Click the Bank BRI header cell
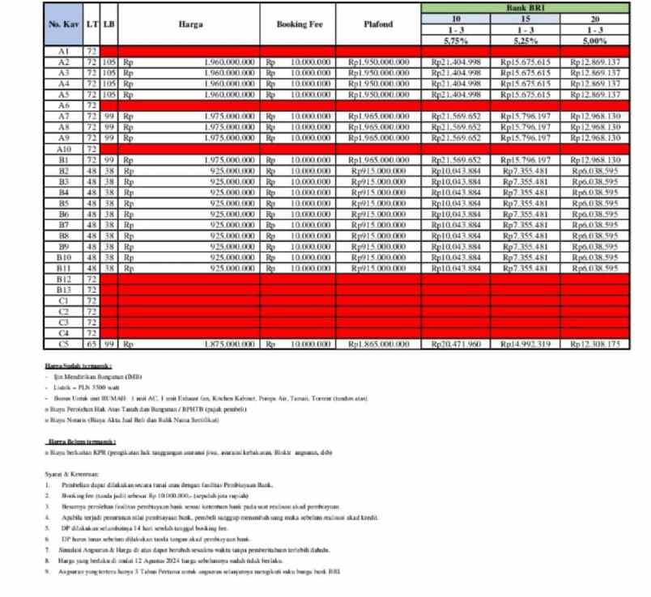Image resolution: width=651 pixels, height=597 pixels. click(x=525, y=7)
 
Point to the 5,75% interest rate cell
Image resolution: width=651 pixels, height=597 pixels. click(x=456, y=40)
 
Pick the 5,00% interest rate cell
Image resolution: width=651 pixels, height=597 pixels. click(x=595, y=40)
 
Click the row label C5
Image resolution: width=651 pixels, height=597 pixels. click(x=64, y=344)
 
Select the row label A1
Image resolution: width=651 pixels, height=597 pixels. click(x=64, y=50)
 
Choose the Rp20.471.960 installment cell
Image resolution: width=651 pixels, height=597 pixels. click(x=456, y=344)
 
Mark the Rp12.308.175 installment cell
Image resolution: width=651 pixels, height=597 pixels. click(x=595, y=344)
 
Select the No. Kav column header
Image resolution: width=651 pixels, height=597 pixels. click(x=64, y=24)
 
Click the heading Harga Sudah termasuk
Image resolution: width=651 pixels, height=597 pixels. click(x=78, y=366)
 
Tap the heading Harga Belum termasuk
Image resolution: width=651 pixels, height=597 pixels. click(x=79, y=440)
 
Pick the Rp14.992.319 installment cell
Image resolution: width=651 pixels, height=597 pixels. click(x=525, y=344)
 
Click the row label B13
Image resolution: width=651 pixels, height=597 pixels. click(x=64, y=289)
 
